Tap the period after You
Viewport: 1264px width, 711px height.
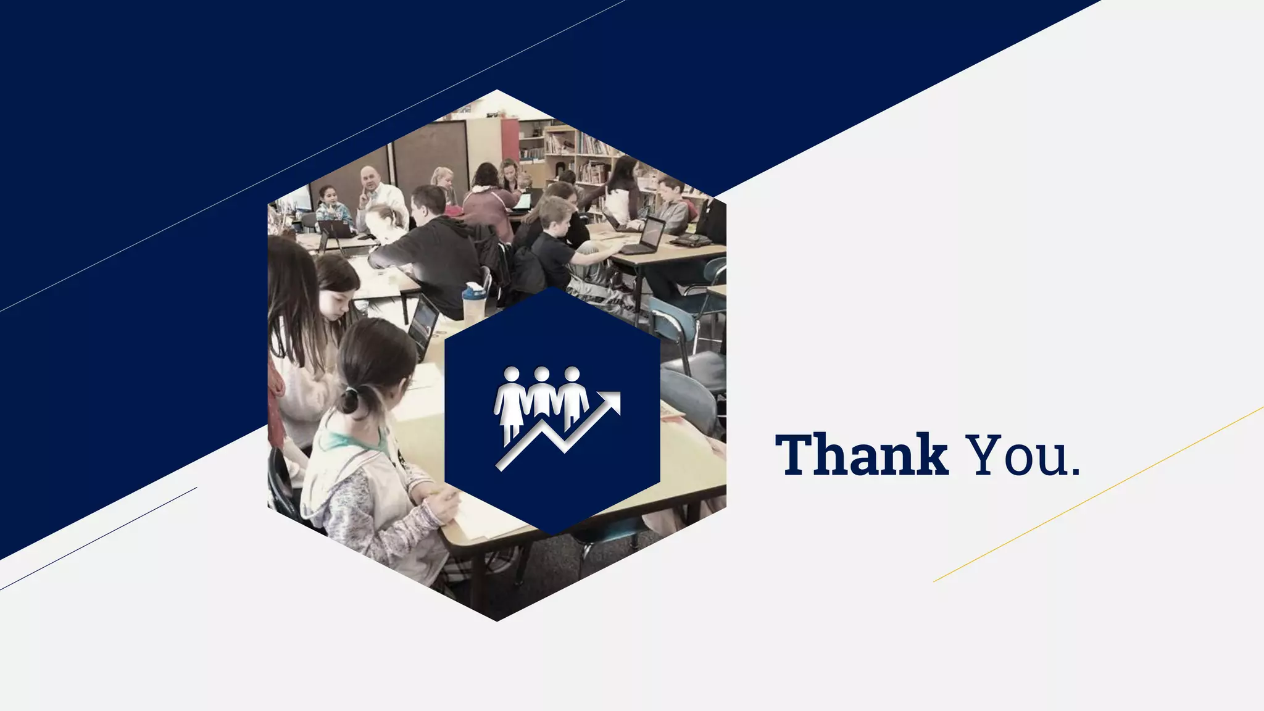point(1076,473)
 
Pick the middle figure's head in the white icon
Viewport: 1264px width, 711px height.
point(541,374)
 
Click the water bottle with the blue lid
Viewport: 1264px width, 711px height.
point(473,302)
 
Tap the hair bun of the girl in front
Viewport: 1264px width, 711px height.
point(349,402)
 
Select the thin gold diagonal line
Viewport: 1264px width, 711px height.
point(1099,494)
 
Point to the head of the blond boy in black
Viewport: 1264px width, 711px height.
point(554,212)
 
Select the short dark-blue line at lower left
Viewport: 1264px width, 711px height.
point(99,538)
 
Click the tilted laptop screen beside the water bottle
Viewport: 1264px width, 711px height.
point(423,325)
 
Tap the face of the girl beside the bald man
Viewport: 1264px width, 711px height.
point(329,197)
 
